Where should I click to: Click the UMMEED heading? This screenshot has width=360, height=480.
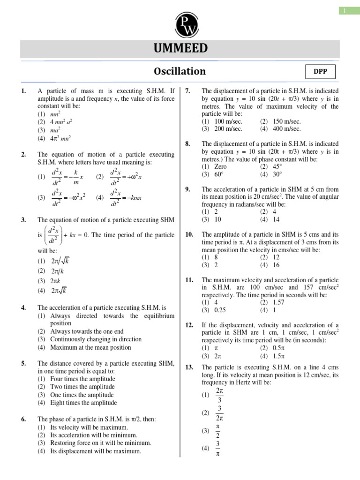tap(180, 49)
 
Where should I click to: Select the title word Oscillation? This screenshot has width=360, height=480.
tap(180, 71)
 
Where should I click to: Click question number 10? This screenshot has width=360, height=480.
tap(189, 234)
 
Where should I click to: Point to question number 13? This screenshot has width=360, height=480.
tap(189, 367)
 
